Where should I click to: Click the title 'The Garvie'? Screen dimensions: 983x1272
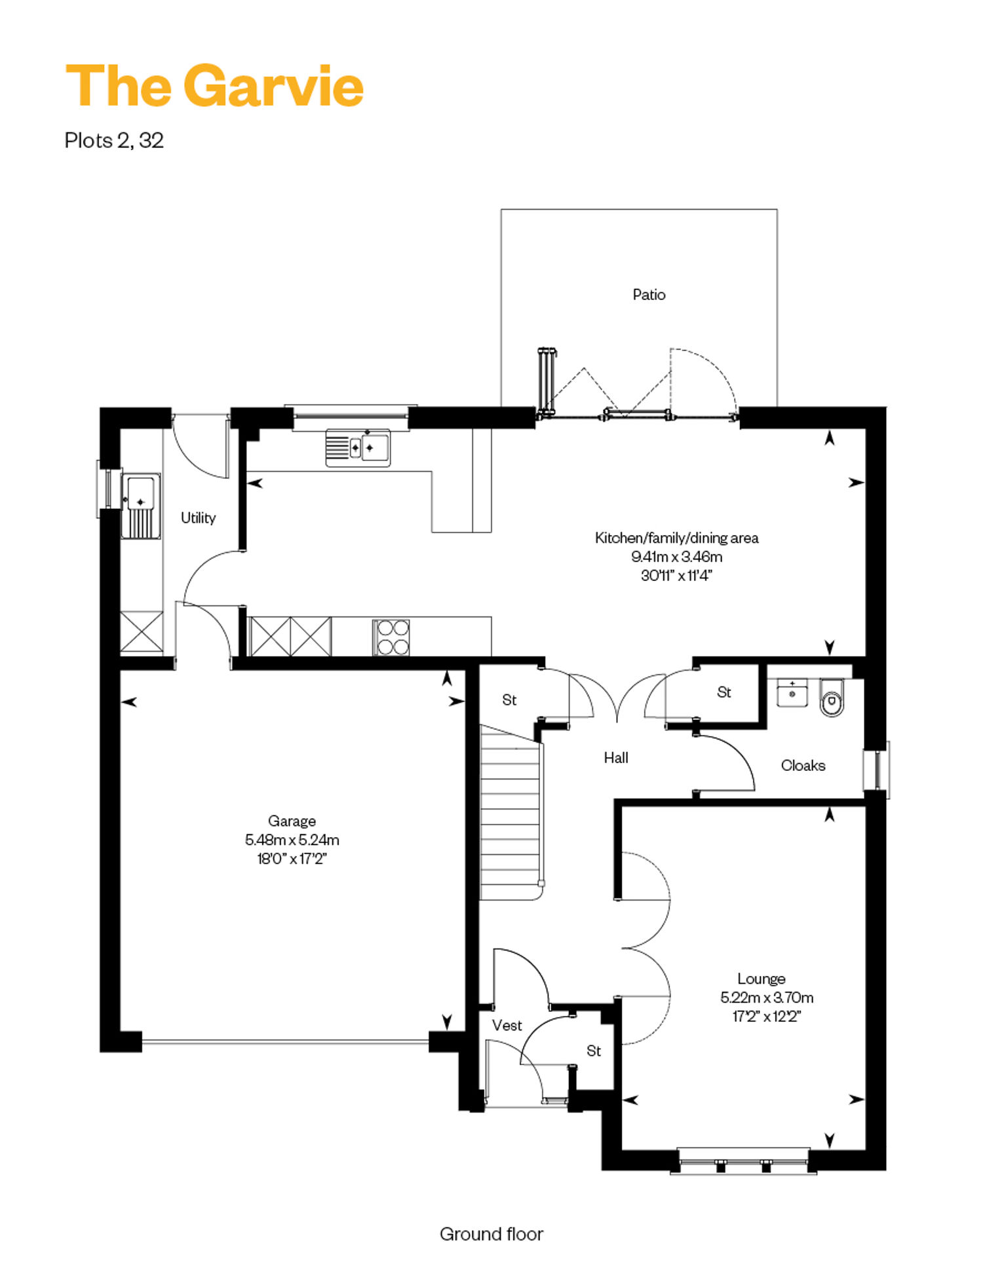pyautogui.click(x=214, y=86)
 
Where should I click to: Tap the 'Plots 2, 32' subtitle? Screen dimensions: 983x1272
pyautogui.click(x=114, y=140)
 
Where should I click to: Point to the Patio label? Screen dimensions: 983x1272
pyautogui.click(x=649, y=295)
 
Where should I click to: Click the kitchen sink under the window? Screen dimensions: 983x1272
pyautogui.click(x=358, y=448)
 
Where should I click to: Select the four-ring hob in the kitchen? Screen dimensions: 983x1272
pyautogui.click(x=391, y=637)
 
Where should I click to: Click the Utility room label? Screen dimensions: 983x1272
pyautogui.click(x=198, y=517)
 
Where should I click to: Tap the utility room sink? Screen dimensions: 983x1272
pyautogui.click(x=141, y=506)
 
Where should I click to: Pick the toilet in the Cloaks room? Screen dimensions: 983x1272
pyautogui.click(x=832, y=697)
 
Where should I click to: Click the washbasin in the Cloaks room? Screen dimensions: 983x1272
pyautogui.click(x=792, y=693)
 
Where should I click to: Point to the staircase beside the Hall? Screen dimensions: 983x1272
pyautogui.click(x=511, y=812)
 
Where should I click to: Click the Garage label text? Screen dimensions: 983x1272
pyautogui.click(x=292, y=821)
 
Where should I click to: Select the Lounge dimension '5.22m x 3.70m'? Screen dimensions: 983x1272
pyautogui.click(x=767, y=998)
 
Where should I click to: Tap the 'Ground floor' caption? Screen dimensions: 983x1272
pyautogui.click(x=491, y=1234)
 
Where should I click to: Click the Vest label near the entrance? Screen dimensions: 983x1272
pyautogui.click(x=507, y=1025)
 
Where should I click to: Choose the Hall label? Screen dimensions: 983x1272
pyautogui.click(x=616, y=758)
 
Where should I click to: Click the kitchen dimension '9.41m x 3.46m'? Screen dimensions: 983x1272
pyautogui.click(x=677, y=557)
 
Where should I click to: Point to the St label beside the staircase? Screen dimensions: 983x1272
pyautogui.click(x=509, y=700)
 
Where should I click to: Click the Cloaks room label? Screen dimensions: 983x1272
pyautogui.click(x=803, y=765)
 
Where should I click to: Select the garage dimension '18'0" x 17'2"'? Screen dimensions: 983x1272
pyautogui.click(x=292, y=858)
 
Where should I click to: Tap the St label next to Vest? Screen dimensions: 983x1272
pyautogui.click(x=594, y=1051)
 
